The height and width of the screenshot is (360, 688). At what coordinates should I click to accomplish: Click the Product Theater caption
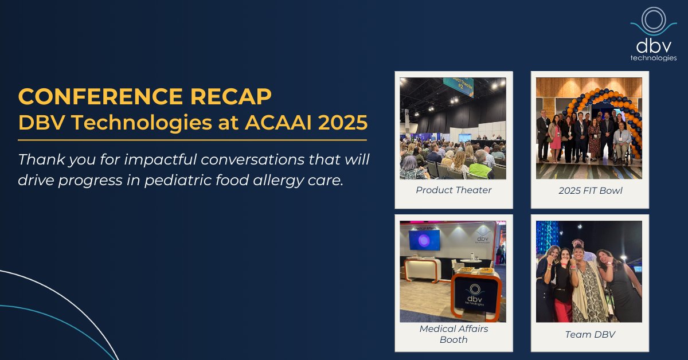point(454,190)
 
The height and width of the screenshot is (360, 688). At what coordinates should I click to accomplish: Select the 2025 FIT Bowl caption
point(589,190)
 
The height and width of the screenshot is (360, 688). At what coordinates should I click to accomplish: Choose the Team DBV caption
point(589,334)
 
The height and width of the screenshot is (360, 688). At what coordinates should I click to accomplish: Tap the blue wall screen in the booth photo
point(424,240)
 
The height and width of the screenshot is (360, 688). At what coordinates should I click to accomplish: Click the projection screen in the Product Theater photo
point(465,138)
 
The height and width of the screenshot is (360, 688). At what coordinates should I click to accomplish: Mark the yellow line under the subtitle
point(192,139)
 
